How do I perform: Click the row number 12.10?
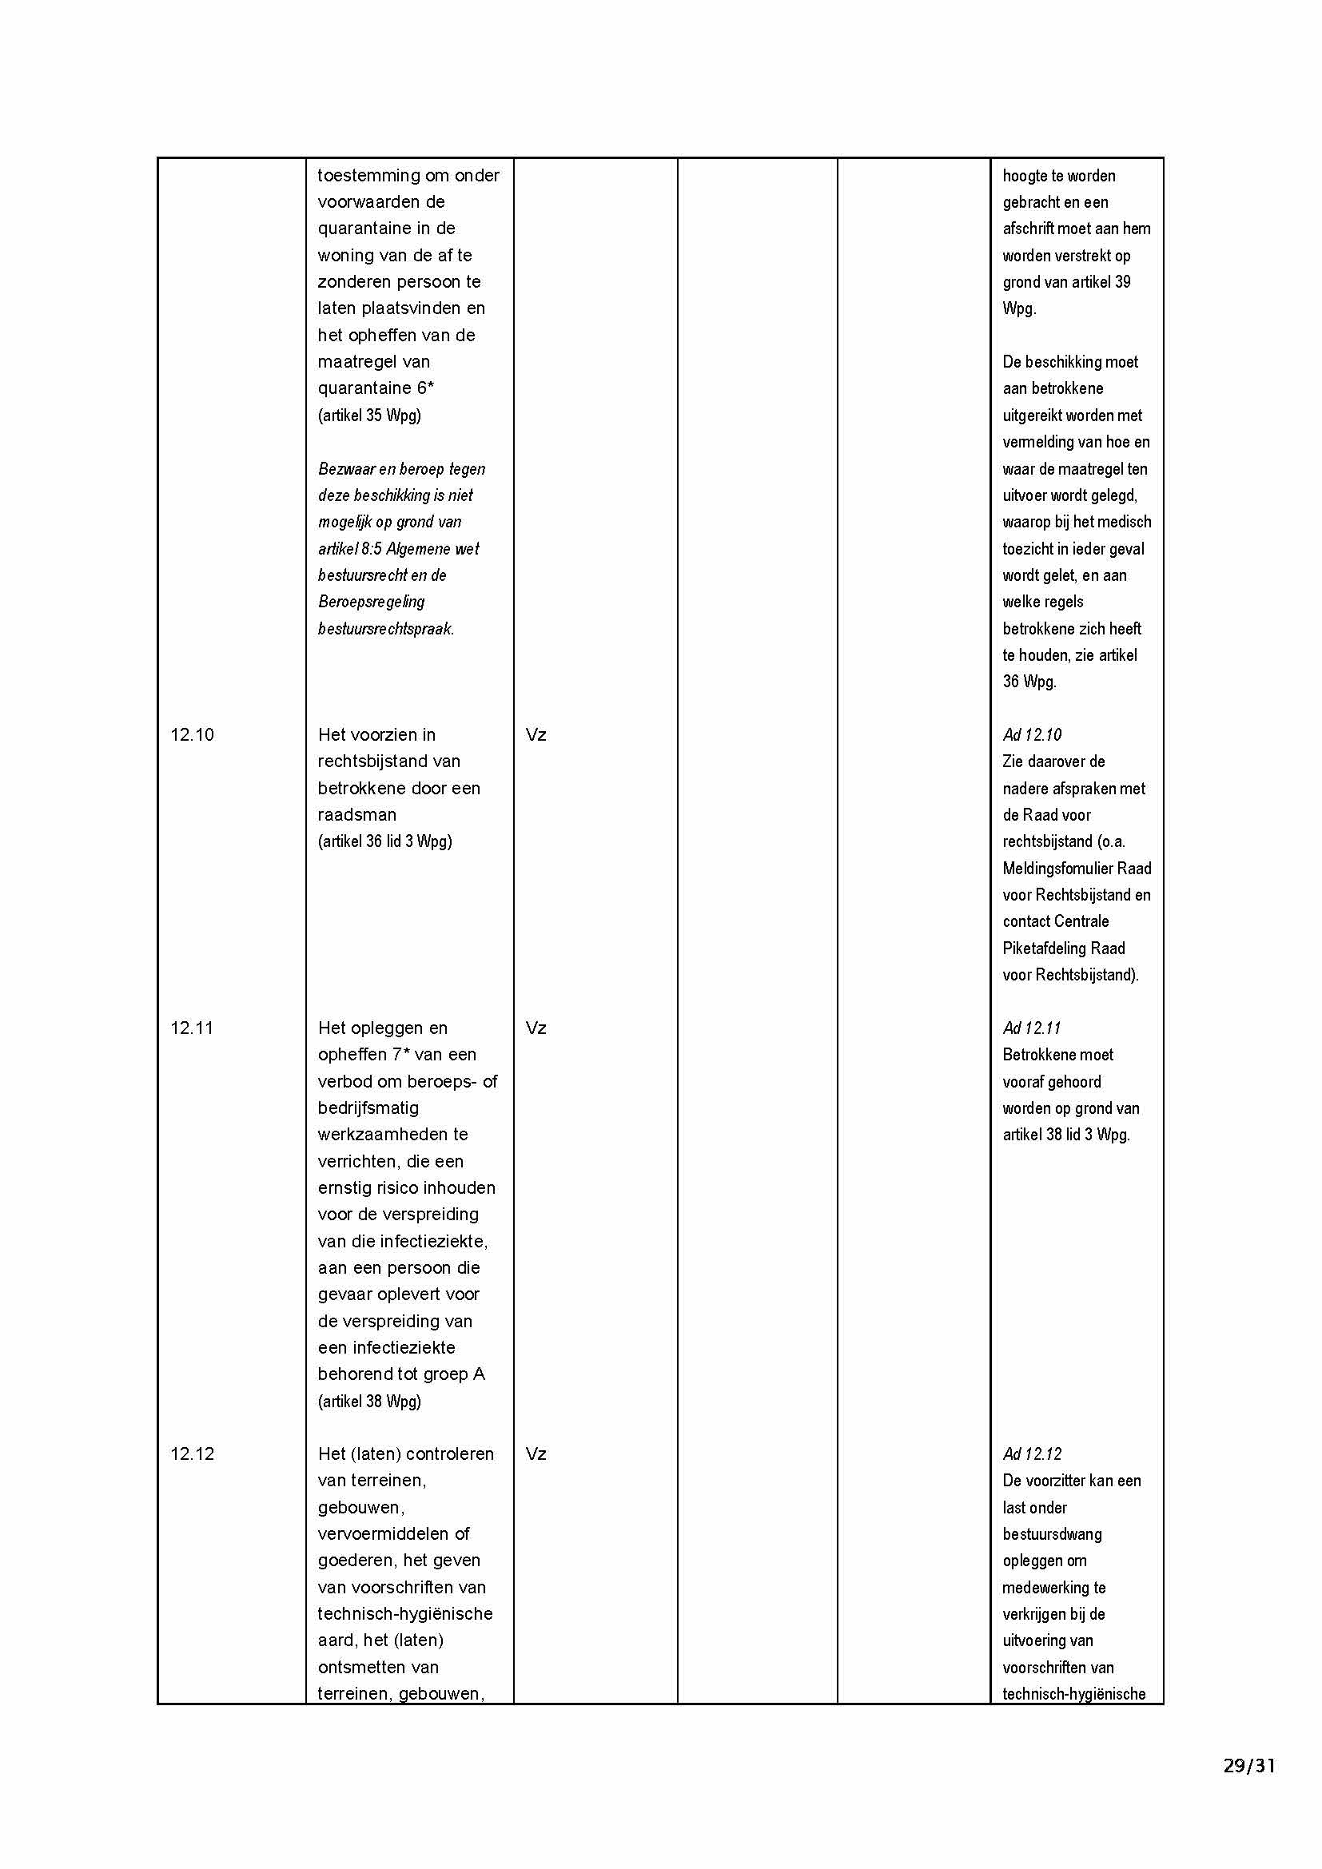(x=192, y=735)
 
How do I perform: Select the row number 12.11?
(x=192, y=1028)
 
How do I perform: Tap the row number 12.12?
(x=192, y=1453)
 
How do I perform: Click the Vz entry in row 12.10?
(x=536, y=735)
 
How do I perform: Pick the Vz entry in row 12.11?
(x=536, y=1028)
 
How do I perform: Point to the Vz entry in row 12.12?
(x=536, y=1453)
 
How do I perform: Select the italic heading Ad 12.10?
(x=1032, y=735)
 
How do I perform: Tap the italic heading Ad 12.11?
(x=1032, y=1028)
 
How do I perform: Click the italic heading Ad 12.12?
(x=1032, y=1453)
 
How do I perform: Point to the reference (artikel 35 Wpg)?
(x=369, y=416)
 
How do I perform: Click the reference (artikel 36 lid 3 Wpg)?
(x=385, y=841)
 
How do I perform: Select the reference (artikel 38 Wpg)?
(x=369, y=1401)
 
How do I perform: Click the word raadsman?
(x=357, y=815)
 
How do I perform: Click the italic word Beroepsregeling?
(x=371, y=602)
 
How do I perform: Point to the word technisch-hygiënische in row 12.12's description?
(x=405, y=1613)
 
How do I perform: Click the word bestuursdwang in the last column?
(x=1052, y=1534)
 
